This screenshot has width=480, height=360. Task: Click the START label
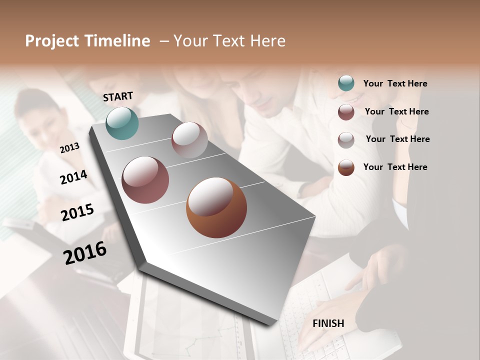118,96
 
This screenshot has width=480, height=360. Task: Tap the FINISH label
328,323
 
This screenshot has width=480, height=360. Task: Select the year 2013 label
69,147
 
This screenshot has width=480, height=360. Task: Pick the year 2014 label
73,177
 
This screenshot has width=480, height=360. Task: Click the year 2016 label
85,252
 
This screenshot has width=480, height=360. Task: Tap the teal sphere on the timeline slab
122,123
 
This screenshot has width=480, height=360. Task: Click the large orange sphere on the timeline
216,207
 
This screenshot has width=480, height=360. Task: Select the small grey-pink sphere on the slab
189,139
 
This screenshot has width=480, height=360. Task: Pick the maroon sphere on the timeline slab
145,179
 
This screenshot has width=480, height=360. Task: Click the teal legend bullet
346,83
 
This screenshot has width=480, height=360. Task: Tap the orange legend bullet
346,167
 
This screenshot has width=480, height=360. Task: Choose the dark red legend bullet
346,112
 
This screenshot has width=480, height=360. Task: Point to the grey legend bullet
346,140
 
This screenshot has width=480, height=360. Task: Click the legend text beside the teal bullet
395,83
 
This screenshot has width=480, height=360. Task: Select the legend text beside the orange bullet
395,167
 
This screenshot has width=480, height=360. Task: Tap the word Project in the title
52,41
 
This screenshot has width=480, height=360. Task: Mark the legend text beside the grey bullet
397,139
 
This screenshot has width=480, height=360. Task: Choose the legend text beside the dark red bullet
396,111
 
